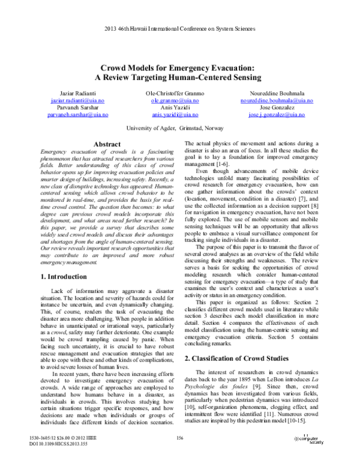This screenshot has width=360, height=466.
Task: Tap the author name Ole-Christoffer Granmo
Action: [x=179, y=95]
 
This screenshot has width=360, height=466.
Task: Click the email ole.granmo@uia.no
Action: [x=179, y=101]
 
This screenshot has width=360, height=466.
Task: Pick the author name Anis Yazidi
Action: [x=179, y=107]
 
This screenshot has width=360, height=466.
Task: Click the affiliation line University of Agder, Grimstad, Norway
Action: [x=180, y=129]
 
